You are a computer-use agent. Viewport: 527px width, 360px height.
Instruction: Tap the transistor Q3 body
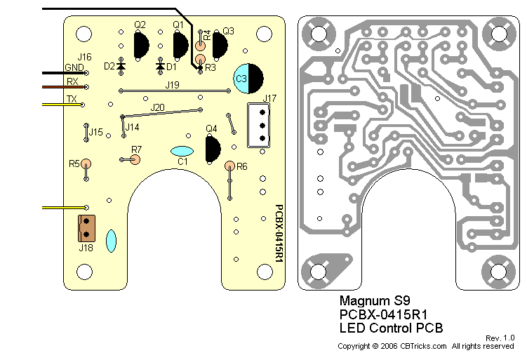220,48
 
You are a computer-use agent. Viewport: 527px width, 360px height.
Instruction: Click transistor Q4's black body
213,149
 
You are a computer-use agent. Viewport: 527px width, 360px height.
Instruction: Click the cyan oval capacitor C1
182,151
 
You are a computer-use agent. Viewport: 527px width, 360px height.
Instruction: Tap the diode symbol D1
161,66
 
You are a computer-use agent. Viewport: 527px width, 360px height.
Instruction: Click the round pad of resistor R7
136,159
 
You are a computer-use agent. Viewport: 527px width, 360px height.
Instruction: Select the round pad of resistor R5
86,164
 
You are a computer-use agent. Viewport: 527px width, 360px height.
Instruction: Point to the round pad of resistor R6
229,166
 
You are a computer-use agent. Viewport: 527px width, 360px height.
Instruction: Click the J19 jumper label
172,85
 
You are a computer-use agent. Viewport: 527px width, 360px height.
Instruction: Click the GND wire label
74,67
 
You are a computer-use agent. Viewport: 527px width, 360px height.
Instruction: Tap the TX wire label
71,99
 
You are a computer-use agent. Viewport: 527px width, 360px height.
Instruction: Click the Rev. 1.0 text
500,338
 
